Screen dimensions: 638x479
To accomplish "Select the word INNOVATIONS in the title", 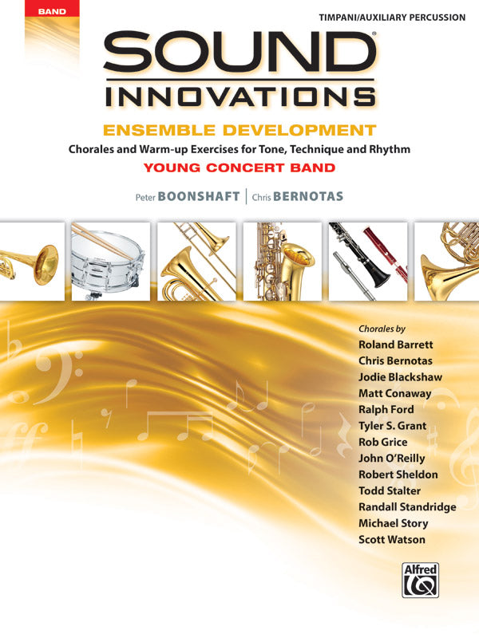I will [239, 96].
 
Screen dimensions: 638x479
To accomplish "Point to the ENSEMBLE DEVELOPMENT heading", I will [239, 131].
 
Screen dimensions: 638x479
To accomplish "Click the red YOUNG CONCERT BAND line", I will [239, 167].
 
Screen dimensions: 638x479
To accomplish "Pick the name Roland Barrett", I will [396, 345].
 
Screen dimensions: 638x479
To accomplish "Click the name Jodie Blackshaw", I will [400, 377].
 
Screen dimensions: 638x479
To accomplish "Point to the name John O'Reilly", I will [392, 459].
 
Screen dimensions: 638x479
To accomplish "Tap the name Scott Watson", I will [392, 540].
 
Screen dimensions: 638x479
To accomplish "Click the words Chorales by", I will [382, 329].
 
